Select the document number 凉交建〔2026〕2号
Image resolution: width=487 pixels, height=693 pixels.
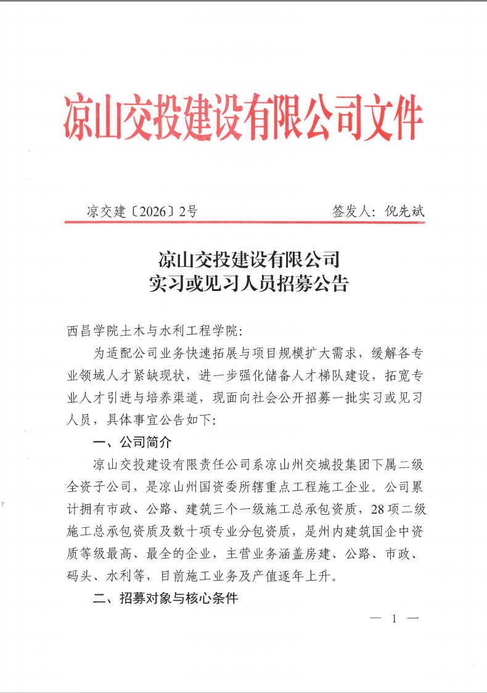[142, 211]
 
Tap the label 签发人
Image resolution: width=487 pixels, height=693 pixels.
[351, 211]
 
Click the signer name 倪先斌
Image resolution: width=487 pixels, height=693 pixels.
[404, 211]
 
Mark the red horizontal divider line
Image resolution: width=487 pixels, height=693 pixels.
[245, 222]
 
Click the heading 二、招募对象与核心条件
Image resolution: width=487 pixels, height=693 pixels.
[165, 598]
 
